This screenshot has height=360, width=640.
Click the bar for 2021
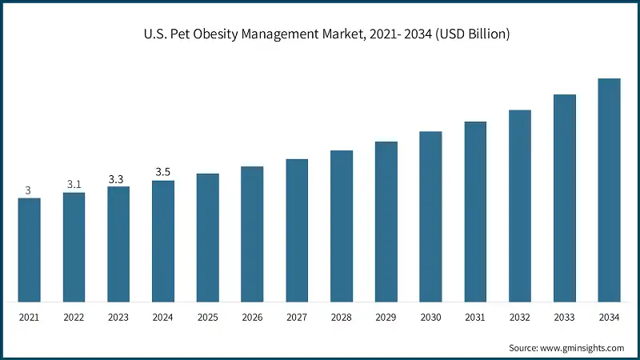coord(29,250)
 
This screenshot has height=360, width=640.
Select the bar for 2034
coord(610,190)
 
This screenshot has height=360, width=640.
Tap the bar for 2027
coord(297,230)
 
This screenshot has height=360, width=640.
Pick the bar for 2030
coord(430,217)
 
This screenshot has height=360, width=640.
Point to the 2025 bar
coord(207,238)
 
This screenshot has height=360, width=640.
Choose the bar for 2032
coord(520,206)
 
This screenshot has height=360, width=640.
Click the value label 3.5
coord(163,172)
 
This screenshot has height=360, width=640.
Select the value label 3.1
coord(74,184)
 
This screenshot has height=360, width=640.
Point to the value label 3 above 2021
coord(28,190)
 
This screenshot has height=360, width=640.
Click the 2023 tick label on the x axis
coord(118,318)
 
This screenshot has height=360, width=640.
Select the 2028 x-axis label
coord(342,318)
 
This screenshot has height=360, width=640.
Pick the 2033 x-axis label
coord(565,318)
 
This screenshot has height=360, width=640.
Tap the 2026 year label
coord(252,318)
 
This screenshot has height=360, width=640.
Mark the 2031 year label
coord(475,318)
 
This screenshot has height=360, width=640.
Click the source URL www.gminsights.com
coord(582,348)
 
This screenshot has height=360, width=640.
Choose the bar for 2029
coord(386,222)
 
